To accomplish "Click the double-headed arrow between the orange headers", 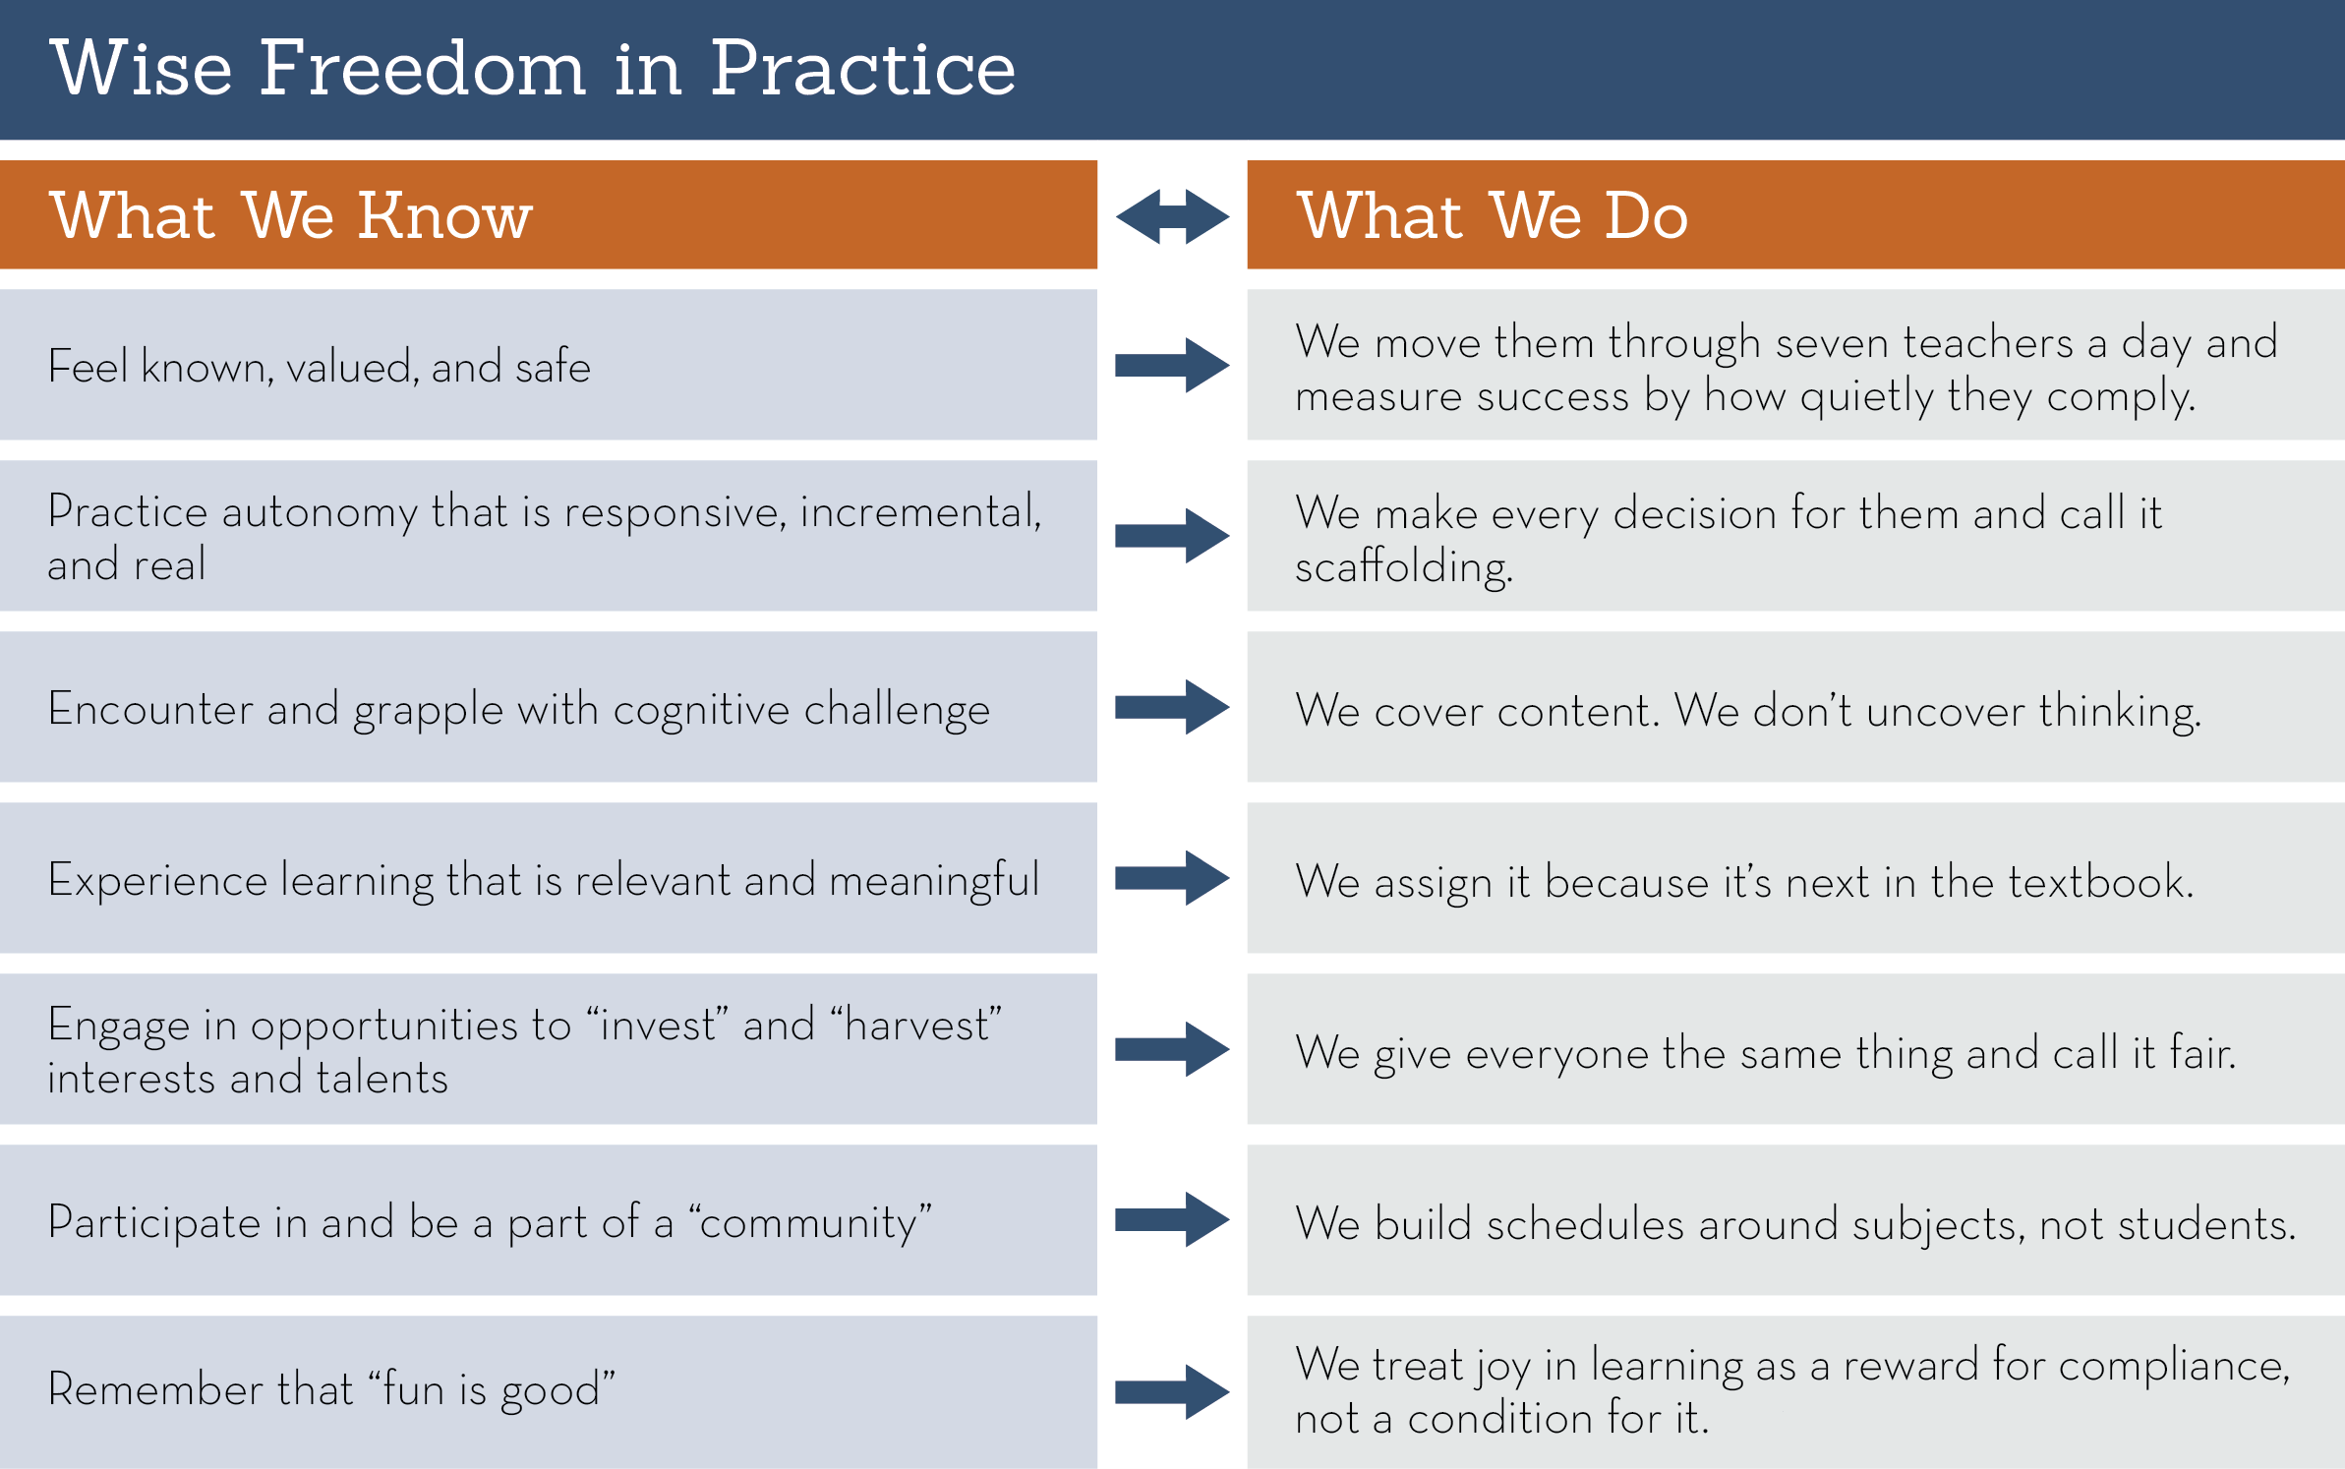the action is pyautogui.click(x=1172, y=216).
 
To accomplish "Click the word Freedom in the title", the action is pyautogui.click(x=423, y=68).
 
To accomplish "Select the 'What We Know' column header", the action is pyautogui.click(x=549, y=214).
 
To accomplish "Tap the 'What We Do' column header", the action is pyautogui.click(x=1795, y=214).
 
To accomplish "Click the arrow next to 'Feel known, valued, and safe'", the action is pyautogui.click(x=1172, y=366).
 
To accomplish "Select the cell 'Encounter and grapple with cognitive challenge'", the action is pyautogui.click(x=549, y=707).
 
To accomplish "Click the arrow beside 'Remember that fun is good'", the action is pyautogui.click(x=1172, y=1391).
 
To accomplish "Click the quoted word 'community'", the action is pyautogui.click(x=809, y=1222).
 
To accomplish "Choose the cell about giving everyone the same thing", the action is pyautogui.click(x=1795, y=1049).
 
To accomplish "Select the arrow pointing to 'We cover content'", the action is pyautogui.click(x=1172, y=707).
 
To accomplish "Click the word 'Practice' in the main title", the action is pyautogui.click(x=863, y=68).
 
